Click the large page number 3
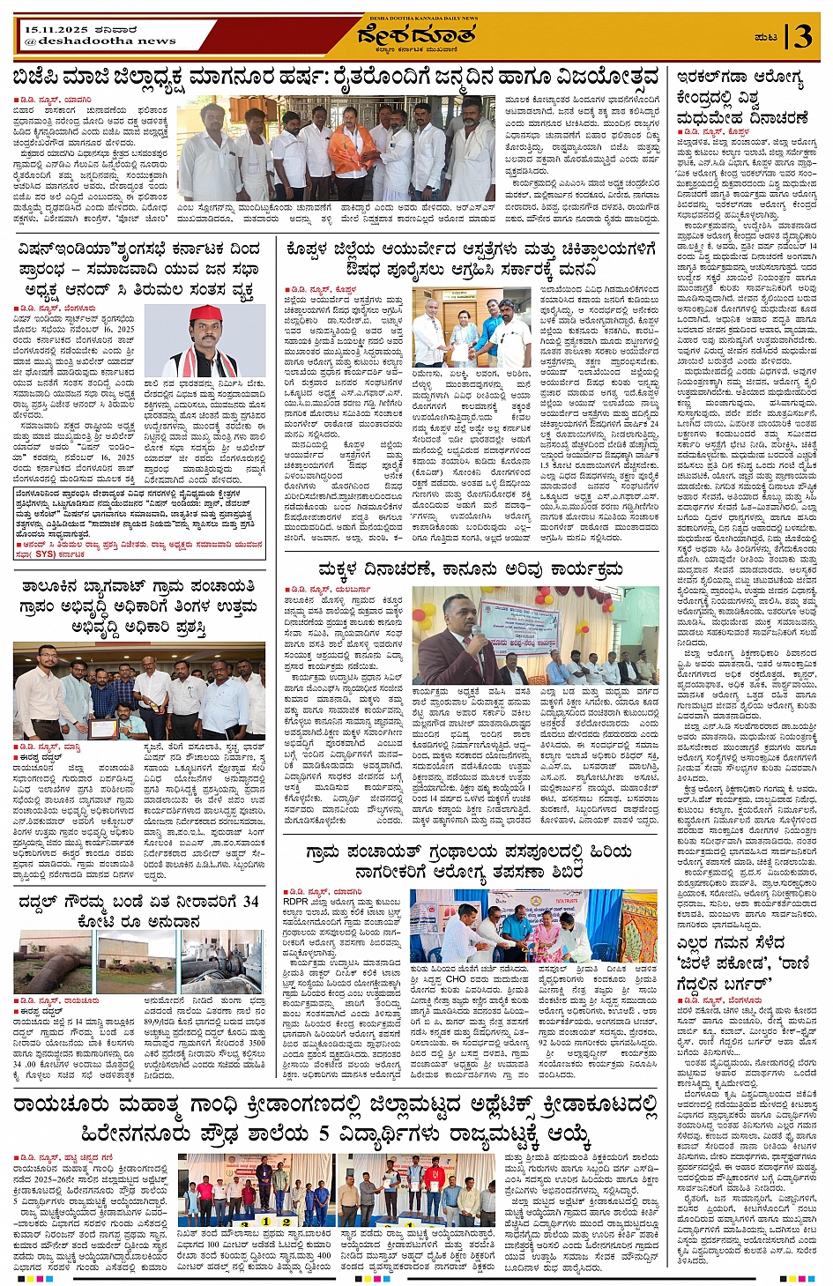tap(801, 37)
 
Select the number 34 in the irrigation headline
tap(250, 901)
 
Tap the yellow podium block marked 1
tap(266, 1222)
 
